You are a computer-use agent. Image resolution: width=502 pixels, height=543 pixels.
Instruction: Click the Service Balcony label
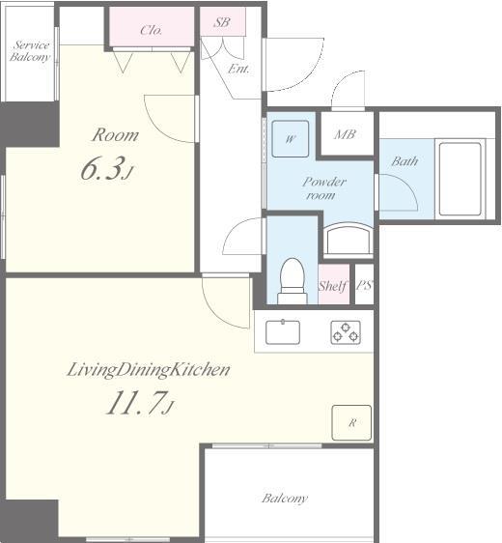tap(30, 51)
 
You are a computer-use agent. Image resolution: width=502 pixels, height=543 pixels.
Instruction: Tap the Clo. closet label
tap(152, 30)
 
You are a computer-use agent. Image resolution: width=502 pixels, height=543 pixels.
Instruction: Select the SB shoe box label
tap(221, 21)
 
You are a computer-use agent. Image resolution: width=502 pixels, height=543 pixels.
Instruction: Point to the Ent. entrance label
tap(238, 69)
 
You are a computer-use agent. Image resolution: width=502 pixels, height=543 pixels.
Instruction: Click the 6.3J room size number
tap(105, 171)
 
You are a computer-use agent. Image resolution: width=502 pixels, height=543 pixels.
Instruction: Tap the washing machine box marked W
tap(290, 138)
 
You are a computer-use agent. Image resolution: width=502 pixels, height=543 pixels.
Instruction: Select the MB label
tap(345, 134)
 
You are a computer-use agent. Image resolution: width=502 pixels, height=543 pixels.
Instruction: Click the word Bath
tap(404, 160)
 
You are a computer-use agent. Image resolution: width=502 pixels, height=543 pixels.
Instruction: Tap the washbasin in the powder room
tap(345, 241)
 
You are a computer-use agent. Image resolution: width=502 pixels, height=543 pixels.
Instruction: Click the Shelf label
tap(332, 286)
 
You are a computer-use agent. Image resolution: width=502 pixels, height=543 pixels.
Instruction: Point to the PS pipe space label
tap(364, 285)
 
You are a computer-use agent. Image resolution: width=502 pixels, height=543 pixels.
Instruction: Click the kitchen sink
tap(283, 331)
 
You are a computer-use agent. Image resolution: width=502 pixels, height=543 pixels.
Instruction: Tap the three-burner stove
tap(345, 331)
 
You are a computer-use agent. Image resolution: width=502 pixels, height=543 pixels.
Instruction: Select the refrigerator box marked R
tap(352, 422)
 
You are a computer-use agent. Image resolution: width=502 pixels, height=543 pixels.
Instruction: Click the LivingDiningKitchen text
tap(148, 369)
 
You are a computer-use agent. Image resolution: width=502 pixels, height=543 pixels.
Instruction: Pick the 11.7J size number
tap(139, 404)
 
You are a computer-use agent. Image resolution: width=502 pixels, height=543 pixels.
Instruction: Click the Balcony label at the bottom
tap(285, 499)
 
